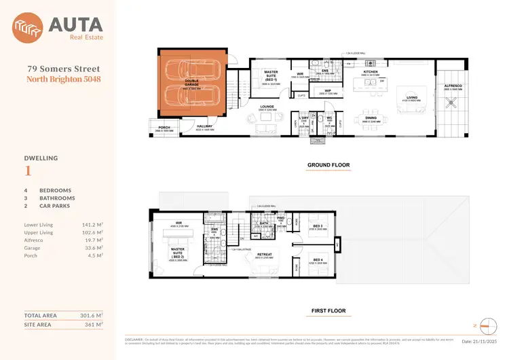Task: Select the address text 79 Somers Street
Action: pyautogui.click(x=64, y=69)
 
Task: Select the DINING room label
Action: pyautogui.click(x=371, y=118)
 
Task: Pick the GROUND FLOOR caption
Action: pyautogui.click(x=328, y=165)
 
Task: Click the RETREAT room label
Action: pyautogui.click(x=264, y=254)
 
